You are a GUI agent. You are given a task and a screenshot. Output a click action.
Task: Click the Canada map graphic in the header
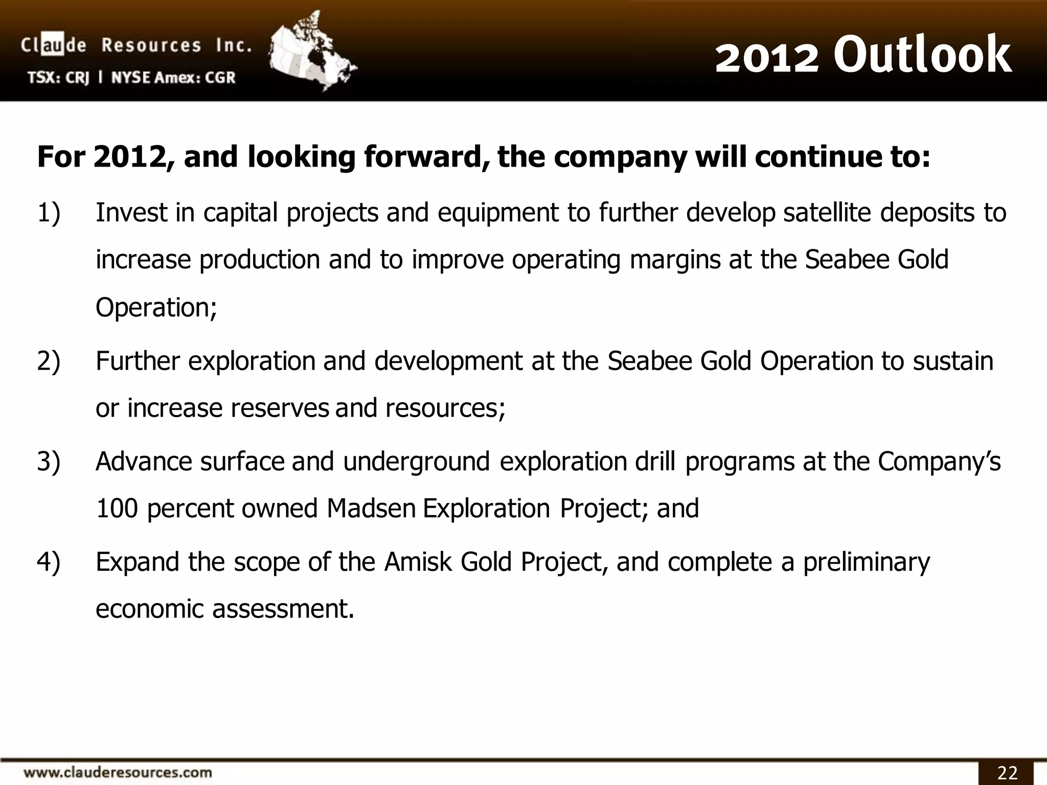tap(312, 51)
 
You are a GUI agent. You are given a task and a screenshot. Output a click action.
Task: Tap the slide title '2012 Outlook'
tap(863, 55)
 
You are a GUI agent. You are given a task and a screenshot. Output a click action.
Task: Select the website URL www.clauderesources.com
tap(118, 772)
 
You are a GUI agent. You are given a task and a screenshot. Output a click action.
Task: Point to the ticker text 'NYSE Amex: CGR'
tap(173, 78)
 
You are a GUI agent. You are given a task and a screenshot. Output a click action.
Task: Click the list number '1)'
tap(49, 213)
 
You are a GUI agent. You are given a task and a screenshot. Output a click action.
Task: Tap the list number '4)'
tap(49, 562)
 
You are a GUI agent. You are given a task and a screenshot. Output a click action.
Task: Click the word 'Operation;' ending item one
tap(156, 308)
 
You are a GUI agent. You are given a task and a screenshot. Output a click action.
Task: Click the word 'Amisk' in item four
tap(418, 562)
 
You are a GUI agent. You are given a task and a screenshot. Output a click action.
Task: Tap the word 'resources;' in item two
tap(445, 408)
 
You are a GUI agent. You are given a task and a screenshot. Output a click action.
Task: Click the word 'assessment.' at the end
tap(283, 609)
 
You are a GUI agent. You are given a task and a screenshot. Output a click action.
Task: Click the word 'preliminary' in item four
tap(866, 562)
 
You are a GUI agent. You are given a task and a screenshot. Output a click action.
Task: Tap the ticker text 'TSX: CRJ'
tap(58, 78)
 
